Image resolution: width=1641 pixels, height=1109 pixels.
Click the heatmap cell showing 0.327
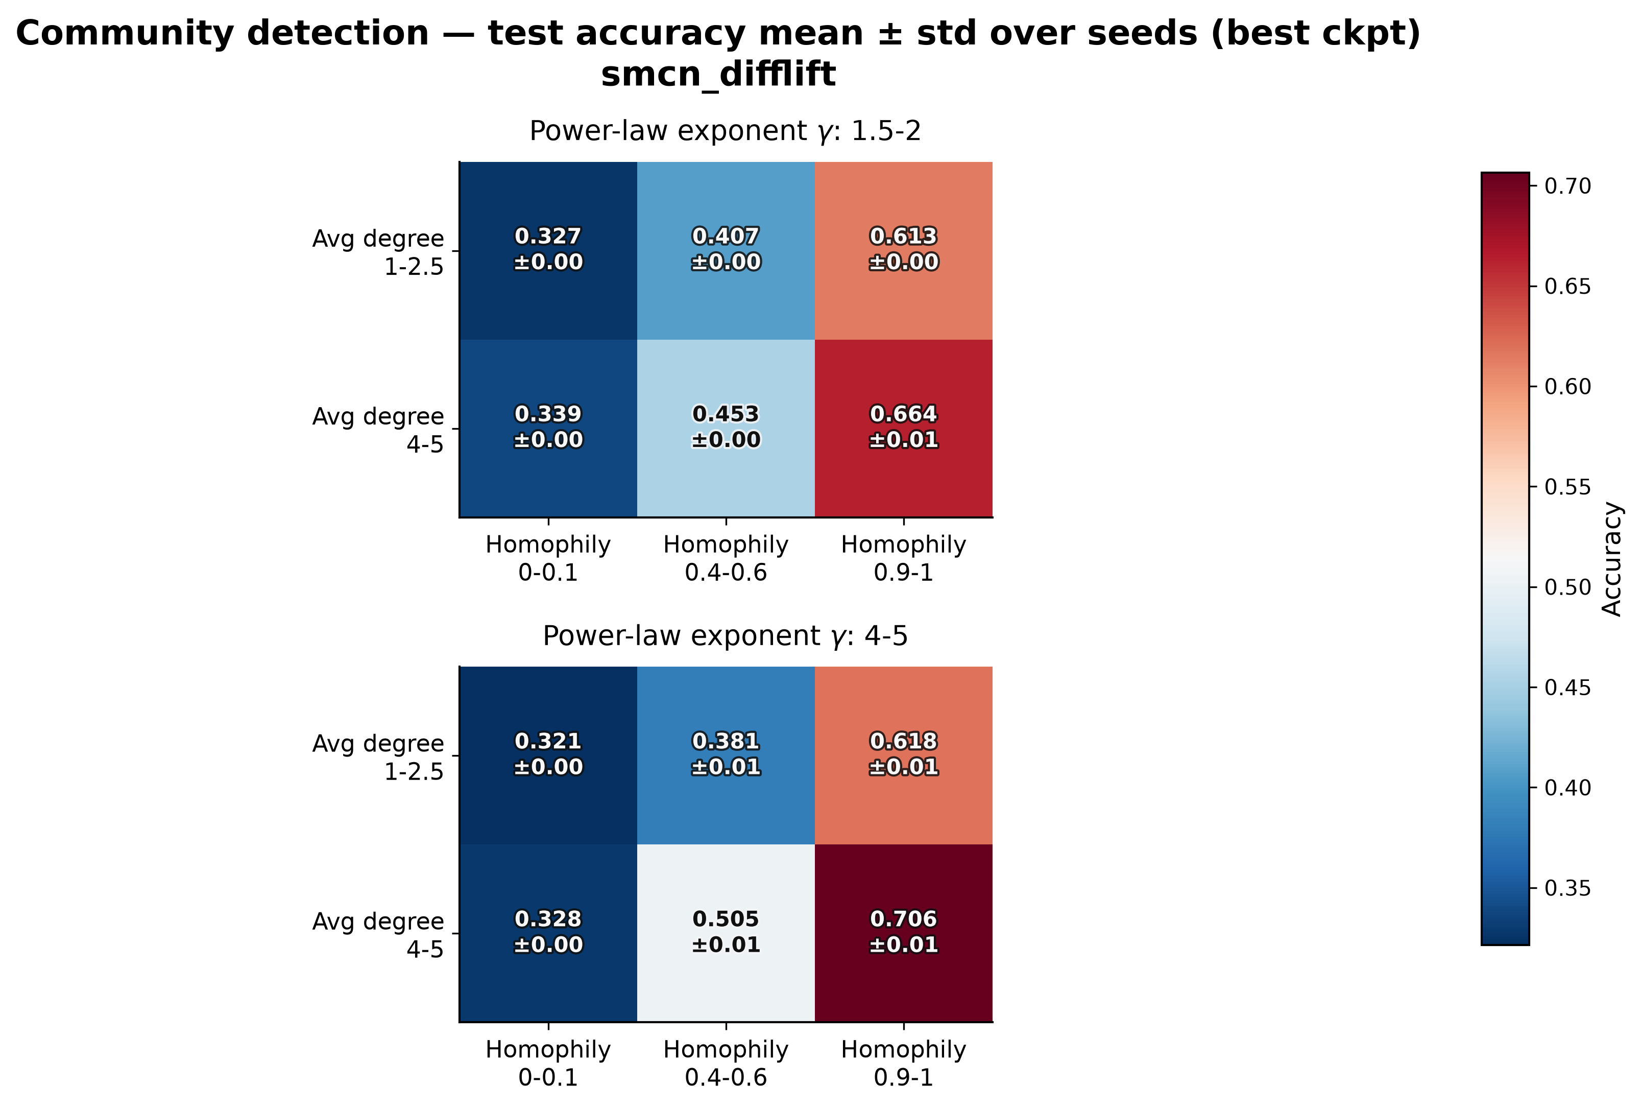tap(548, 251)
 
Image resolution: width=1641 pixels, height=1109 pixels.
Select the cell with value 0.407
tap(726, 251)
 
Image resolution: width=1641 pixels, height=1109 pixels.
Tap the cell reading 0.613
tap(904, 251)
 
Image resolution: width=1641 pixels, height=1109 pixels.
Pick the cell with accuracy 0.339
tap(548, 429)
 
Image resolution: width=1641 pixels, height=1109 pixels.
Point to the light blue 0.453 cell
tap(726, 429)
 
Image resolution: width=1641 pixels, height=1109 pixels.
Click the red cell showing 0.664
tap(904, 429)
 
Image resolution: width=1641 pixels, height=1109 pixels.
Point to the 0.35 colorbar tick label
tap(1567, 888)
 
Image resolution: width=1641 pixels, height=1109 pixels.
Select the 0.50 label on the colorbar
tap(1567, 587)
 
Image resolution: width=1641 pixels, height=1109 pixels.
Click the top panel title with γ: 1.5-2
tap(725, 131)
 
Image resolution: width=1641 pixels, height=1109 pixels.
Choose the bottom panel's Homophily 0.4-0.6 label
tap(726, 1063)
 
